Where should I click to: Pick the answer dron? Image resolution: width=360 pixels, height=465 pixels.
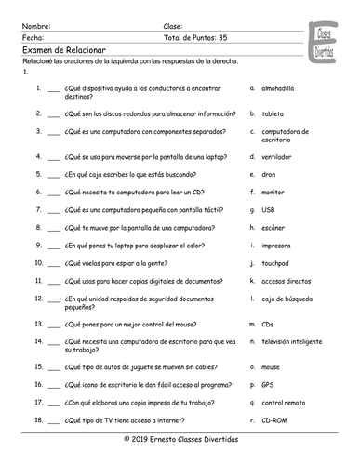coord(271,173)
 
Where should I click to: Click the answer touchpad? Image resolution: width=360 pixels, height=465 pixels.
coord(277,263)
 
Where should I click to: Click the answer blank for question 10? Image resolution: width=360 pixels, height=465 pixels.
coord(53,263)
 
